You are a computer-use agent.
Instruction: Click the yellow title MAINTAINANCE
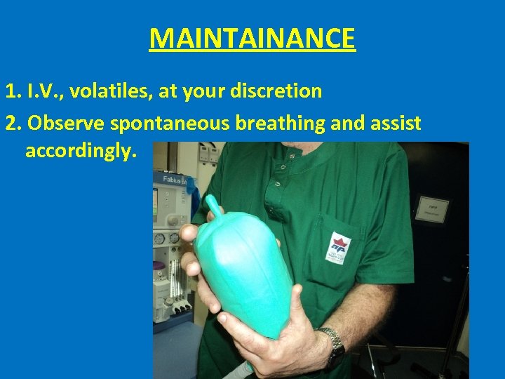click(x=252, y=38)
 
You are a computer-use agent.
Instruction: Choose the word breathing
click(x=282, y=124)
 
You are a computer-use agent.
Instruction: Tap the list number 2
click(x=11, y=124)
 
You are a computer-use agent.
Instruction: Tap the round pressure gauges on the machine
click(x=167, y=239)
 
